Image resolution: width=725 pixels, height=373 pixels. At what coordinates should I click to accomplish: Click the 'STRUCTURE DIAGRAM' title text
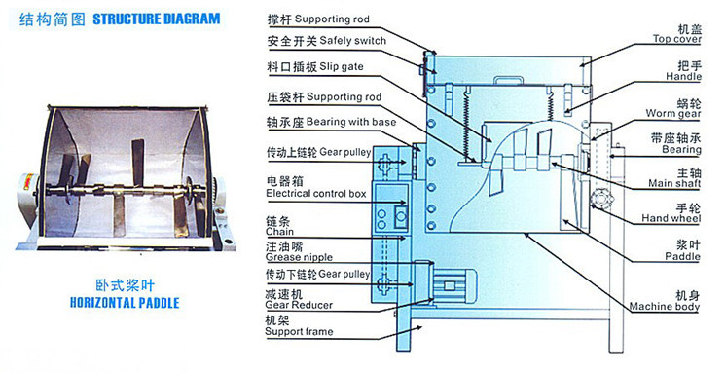tap(157, 19)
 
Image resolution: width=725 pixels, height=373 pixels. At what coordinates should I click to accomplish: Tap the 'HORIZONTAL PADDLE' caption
tap(125, 303)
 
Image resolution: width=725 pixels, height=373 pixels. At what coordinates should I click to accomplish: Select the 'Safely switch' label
tap(353, 41)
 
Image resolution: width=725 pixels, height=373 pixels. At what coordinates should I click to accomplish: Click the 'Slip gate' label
tap(342, 66)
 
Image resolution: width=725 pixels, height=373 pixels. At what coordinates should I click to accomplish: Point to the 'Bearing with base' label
tap(351, 122)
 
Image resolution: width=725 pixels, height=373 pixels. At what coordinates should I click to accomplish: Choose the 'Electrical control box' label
tap(316, 194)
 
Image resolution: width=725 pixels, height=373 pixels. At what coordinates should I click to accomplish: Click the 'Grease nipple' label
tap(299, 257)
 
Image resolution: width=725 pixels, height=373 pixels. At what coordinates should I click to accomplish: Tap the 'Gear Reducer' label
tap(299, 305)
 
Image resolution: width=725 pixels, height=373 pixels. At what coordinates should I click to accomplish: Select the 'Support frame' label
tap(299, 331)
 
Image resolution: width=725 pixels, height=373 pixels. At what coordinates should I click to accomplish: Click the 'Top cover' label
tap(677, 39)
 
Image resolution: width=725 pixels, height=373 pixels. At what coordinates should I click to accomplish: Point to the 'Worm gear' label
tap(673, 113)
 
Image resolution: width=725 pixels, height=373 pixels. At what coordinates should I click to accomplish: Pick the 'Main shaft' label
tap(674, 183)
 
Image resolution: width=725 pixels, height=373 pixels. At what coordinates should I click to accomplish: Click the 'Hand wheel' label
tap(671, 218)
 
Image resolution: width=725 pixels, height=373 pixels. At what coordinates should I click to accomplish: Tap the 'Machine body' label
tap(665, 307)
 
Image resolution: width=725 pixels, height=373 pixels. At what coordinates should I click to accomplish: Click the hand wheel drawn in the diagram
tap(601, 201)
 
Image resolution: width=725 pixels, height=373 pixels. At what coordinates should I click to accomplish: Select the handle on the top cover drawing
tap(508, 81)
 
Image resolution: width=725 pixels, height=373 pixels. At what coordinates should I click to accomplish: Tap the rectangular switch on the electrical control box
tap(400, 215)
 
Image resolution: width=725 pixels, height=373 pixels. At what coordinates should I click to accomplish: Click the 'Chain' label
tap(279, 232)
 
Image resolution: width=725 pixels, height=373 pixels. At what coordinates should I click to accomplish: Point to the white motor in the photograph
tap(28, 200)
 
